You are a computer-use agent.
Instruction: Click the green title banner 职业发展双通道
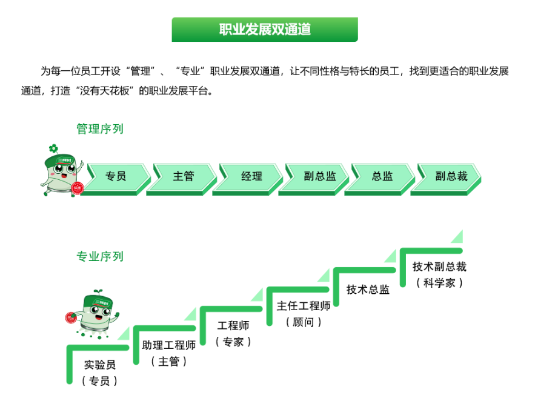pyautogui.click(x=265, y=30)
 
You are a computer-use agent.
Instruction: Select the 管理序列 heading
pyautogui.click(x=99, y=129)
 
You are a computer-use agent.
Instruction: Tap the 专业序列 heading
pyautogui.click(x=99, y=256)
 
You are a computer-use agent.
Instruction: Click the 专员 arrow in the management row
pyautogui.click(x=116, y=176)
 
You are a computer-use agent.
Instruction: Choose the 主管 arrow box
pyautogui.click(x=184, y=176)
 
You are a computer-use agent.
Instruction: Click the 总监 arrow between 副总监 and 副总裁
pyautogui.click(x=382, y=176)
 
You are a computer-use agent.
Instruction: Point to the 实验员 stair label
pyautogui.click(x=100, y=365)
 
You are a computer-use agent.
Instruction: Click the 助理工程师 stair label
pyautogui.click(x=169, y=345)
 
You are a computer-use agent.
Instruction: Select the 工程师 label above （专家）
pyautogui.click(x=233, y=326)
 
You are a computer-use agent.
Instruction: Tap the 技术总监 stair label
pyautogui.click(x=368, y=290)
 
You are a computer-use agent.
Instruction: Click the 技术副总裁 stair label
pyautogui.click(x=440, y=267)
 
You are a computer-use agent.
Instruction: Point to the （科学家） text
pyautogui.click(x=440, y=283)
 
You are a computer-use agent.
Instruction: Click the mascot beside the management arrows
pyautogui.click(x=63, y=169)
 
